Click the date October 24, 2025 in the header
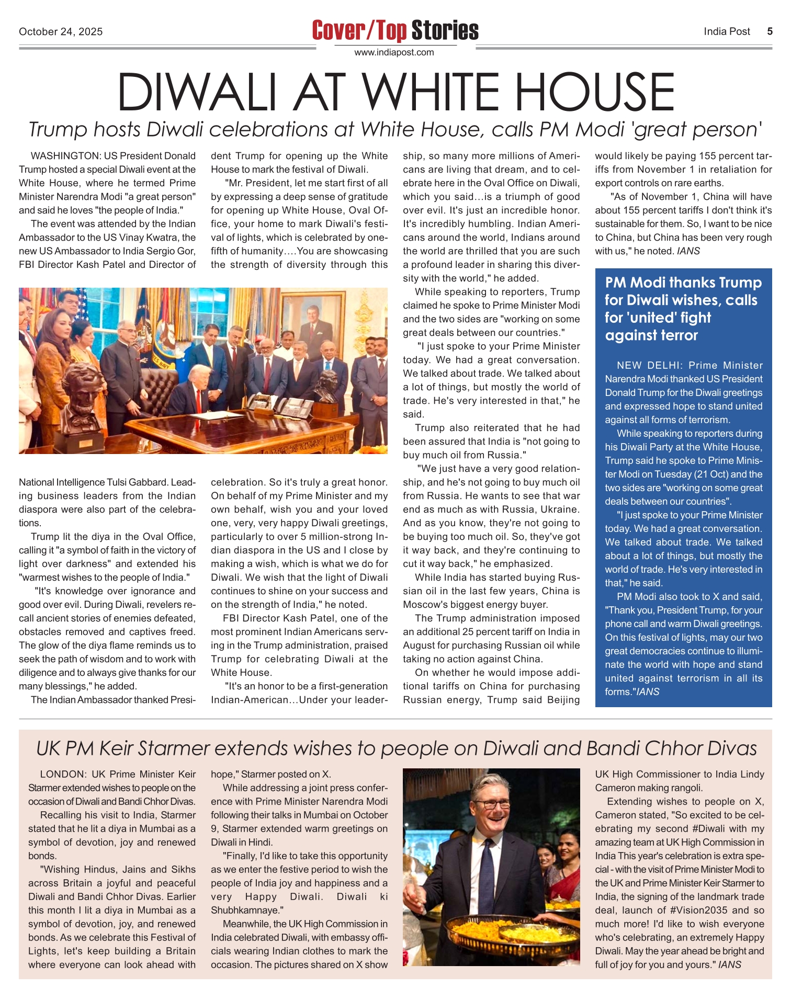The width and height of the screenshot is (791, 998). click(61, 31)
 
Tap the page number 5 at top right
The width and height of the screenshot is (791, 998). click(770, 31)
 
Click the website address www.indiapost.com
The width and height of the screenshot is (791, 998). click(394, 52)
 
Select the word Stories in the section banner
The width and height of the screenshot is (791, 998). click(445, 30)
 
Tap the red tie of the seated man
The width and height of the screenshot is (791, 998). click(199, 400)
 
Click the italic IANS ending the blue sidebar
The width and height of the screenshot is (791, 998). click(648, 691)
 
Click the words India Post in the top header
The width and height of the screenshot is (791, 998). click(727, 31)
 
